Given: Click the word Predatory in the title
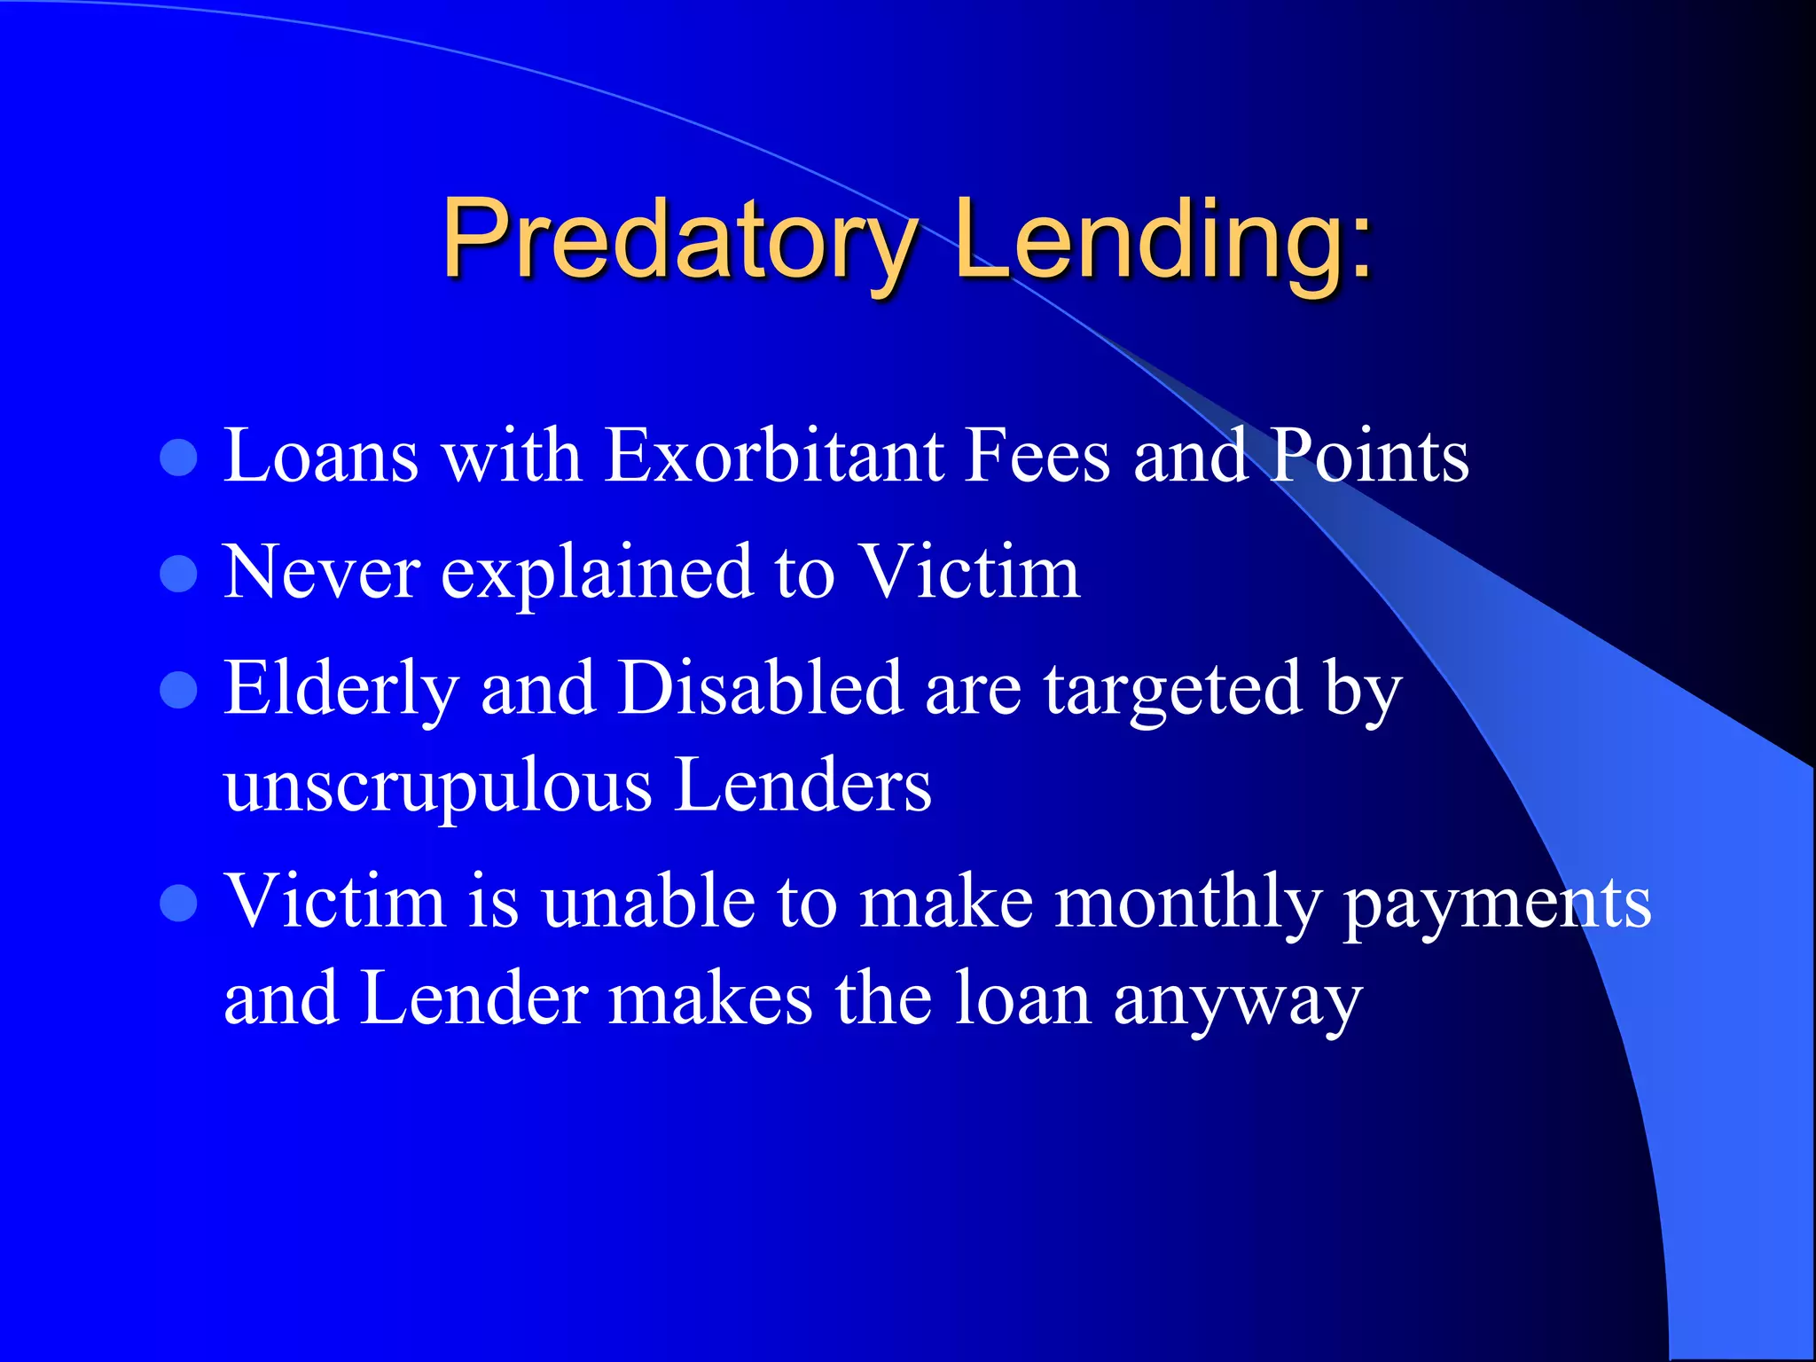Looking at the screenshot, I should pos(678,239).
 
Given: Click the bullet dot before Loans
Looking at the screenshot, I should pos(178,458).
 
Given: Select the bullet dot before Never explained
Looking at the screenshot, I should pos(178,575).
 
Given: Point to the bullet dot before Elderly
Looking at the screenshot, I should pos(178,691).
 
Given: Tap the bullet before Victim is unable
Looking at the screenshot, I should pos(178,904).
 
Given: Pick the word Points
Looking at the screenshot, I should pos(1370,456).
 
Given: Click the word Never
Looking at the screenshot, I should pos(321,573).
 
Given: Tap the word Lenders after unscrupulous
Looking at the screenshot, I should pos(803,786).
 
